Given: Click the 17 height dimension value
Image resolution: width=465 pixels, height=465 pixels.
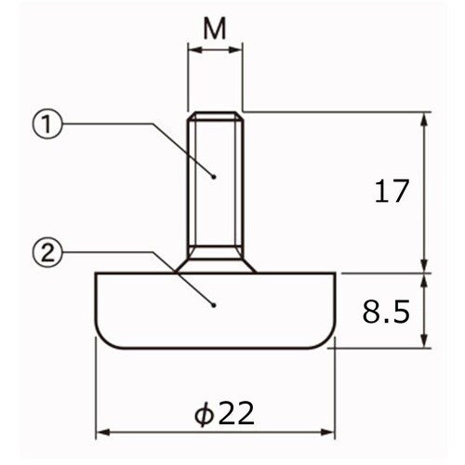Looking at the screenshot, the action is point(392,191).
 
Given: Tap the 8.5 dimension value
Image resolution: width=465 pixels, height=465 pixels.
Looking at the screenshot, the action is point(386,312).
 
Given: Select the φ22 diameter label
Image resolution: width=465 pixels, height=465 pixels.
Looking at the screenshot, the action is point(224,413).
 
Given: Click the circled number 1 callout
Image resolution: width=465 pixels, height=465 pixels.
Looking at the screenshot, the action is point(47,124).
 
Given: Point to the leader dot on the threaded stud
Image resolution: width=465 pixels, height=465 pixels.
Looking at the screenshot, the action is point(214,177).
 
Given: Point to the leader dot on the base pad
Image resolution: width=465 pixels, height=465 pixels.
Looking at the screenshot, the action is point(214,305).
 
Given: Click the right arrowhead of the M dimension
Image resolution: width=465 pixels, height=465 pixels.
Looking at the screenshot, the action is point(235,50).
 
